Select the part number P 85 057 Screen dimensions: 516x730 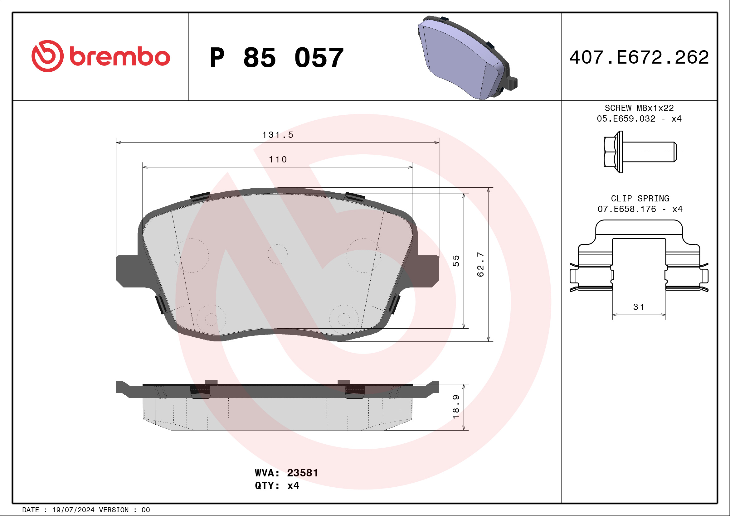tap(277, 58)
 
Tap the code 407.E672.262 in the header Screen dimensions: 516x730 tap(639, 57)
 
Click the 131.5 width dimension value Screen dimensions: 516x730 tap(278, 135)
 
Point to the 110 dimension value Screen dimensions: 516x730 tap(278, 160)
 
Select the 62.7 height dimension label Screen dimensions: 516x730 tap(480, 264)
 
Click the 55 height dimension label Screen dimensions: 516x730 tap(456, 261)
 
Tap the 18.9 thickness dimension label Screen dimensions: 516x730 tap(456, 407)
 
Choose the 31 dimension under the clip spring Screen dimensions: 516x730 tap(639, 307)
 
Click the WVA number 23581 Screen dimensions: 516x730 tap(302, 473)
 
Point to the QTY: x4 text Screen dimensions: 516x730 tap(277, 486)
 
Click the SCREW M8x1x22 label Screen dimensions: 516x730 tap(639, 108)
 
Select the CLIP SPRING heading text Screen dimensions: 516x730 tap(640, 198)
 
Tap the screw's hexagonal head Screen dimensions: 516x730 tap(610, 152)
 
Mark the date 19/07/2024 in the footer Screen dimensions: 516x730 tap(73, 510)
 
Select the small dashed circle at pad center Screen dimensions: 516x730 tap(277, 254)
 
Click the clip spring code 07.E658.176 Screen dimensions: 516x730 tap(627, 209)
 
